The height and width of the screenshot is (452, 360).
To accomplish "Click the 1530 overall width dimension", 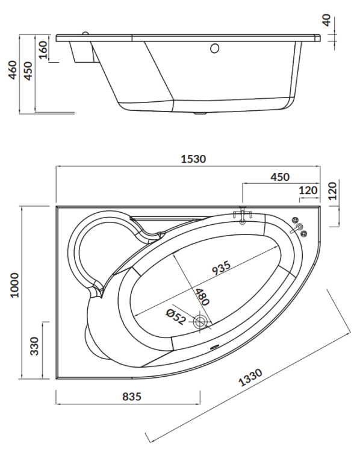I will tap(193, 159).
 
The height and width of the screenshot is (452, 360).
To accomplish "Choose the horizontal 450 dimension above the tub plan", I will tap(279, 177).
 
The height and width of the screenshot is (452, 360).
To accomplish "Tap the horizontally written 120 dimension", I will tap(308, 190).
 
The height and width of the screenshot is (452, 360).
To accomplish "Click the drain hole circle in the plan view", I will tap(200, 322).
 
